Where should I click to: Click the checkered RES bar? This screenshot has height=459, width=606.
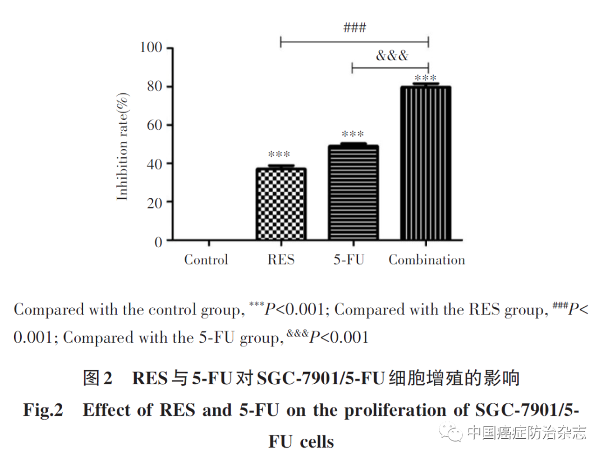coord(281,204)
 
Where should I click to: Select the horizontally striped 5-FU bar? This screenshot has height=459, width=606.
coord(352,193)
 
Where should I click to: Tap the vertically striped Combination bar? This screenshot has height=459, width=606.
coord(426,163)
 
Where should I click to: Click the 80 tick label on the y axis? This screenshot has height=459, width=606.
coord(155,87)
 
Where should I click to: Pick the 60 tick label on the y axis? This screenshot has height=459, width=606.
coord(155,125)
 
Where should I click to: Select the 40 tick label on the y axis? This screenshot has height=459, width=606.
coord(155,164)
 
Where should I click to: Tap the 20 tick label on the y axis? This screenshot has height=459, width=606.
coord(155,202)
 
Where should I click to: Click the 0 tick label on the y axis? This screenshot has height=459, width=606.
coord(159,242)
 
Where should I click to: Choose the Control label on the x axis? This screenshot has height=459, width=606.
coord(206,260)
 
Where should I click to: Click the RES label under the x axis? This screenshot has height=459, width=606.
coord(281,260)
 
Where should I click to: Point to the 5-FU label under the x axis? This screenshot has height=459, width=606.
coord(348,260)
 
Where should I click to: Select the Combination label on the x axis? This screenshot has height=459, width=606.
coord(427,260)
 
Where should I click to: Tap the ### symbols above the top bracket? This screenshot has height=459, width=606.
coord(355,28)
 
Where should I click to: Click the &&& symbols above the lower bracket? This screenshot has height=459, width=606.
coord(392,56)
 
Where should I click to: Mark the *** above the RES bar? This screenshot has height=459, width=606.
coord(279,154)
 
